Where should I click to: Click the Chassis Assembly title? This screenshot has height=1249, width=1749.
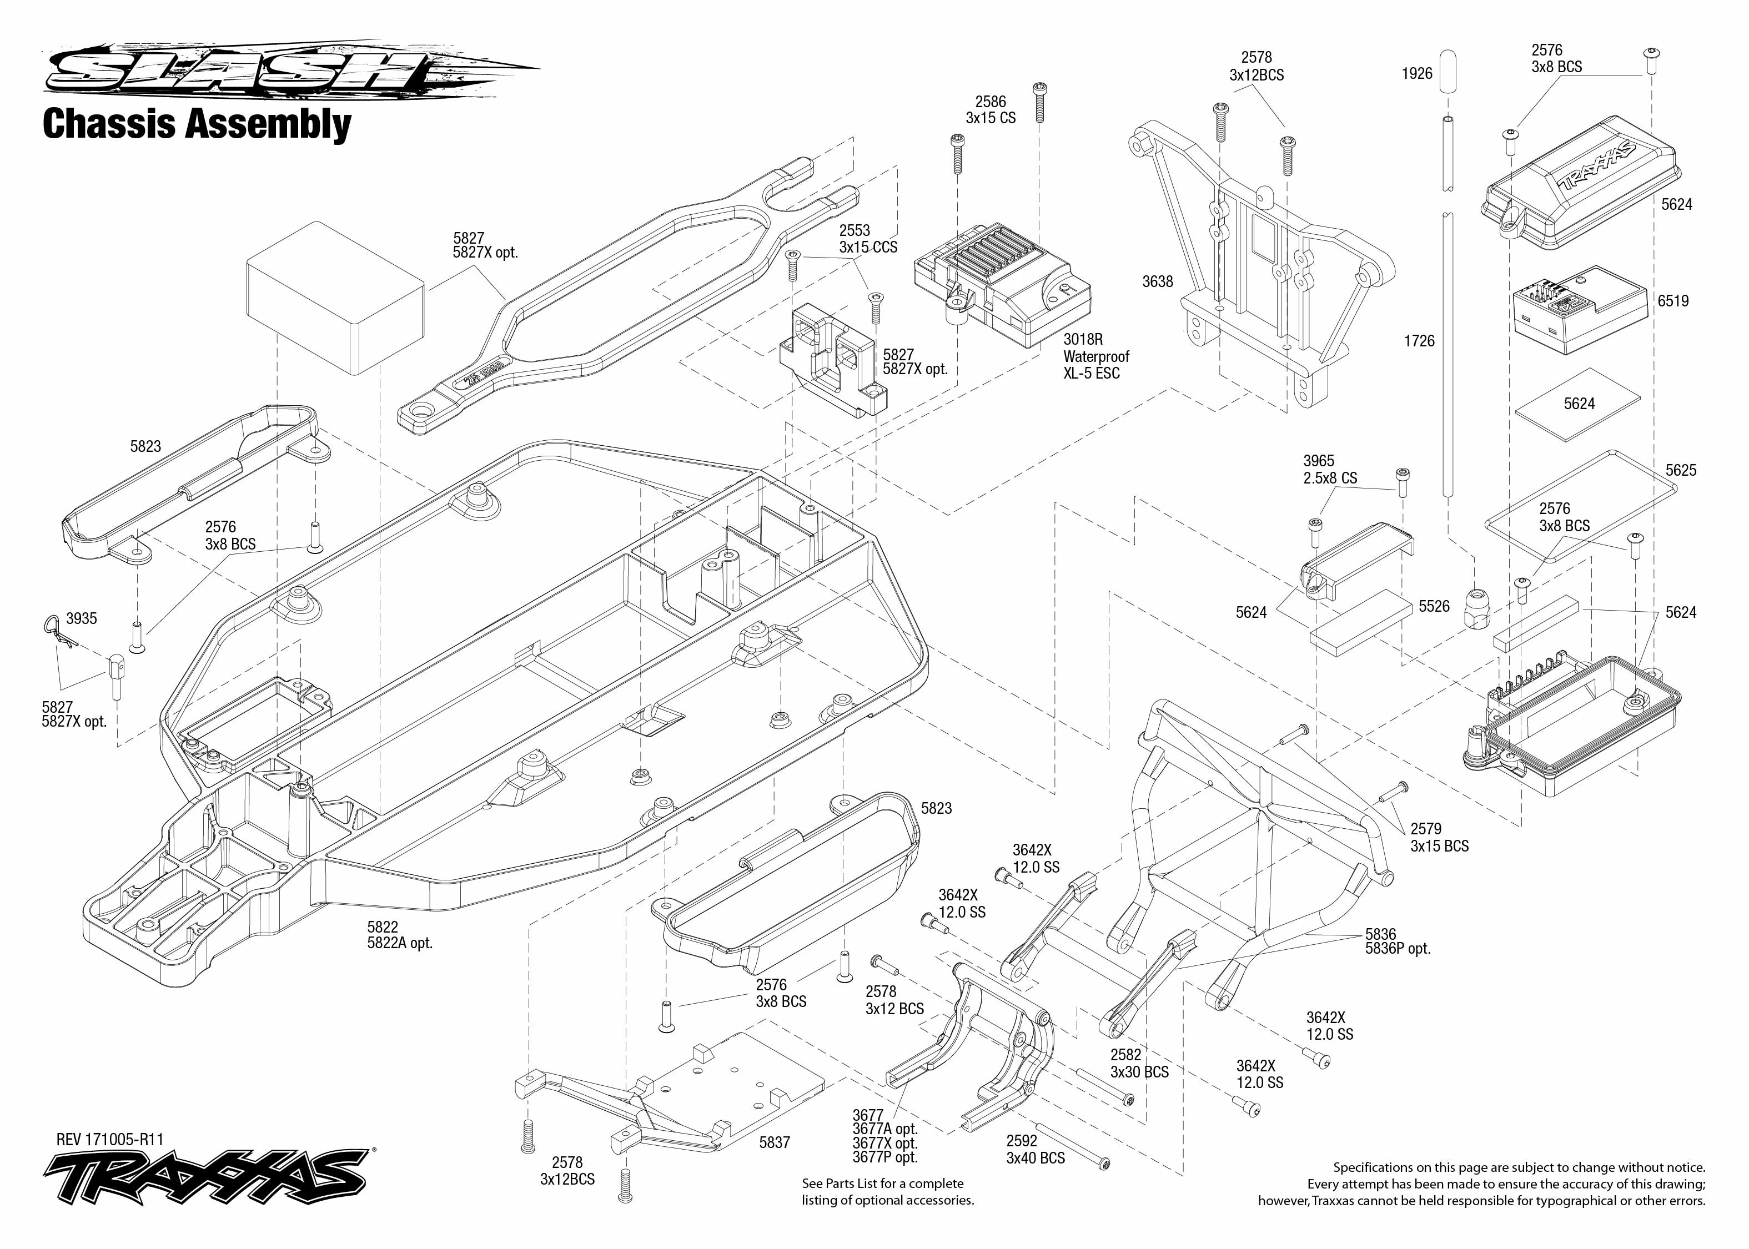click(x=197, y=124)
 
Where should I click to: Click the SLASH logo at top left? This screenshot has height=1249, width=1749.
click(x=292, y=70)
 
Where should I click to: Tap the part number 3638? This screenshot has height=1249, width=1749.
click(x=1158, y=282)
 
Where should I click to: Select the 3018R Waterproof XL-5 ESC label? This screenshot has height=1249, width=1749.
click(x=1096, y=356)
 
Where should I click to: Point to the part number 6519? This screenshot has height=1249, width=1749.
click(x=1673, y=301)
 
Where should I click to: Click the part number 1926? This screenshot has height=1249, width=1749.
click(x=1417, y=74)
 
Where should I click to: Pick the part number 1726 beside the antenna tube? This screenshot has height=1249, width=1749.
click(x=1419, y=341)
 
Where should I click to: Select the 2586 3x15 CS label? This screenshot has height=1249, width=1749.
click(x=991, y=110)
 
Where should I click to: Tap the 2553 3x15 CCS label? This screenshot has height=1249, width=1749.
click(x=868, y=238)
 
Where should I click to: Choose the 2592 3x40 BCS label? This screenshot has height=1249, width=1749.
click(x=1036, y=1149)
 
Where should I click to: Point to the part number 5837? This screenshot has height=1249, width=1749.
click(x=775, y=1142)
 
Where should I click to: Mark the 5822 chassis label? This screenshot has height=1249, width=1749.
click(x=399, y=934)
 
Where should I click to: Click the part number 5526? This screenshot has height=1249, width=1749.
click(x=1434, y=607)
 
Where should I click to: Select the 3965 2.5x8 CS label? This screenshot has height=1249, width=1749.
click(x=1330, y=469)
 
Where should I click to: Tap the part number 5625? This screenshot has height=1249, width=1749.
click(x=1681, y=470)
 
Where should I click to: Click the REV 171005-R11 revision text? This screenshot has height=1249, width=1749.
click(x=110, y=1139)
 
